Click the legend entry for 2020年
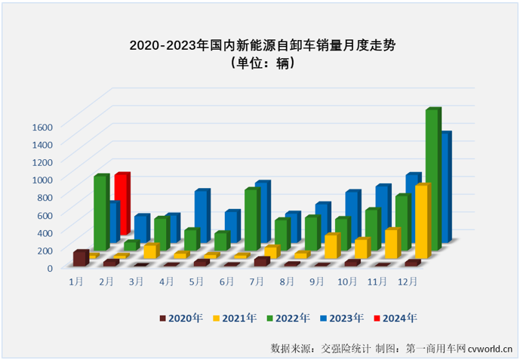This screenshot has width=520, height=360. click(182, 318)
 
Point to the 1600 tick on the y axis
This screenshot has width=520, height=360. click(42, 127)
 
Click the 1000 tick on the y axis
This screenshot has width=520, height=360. click(42, 180)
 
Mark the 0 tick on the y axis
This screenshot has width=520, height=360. click(50, 267)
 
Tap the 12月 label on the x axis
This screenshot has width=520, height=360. click(408, 282)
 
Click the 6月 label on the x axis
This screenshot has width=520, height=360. click(226, 282)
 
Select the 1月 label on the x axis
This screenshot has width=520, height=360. click(76, 282)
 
